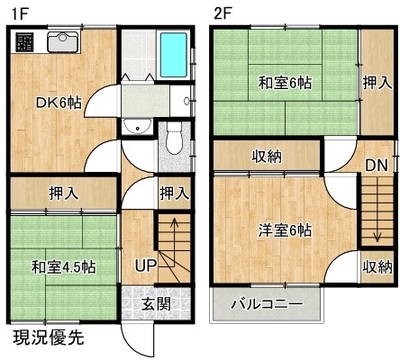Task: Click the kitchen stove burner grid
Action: click(24, 42)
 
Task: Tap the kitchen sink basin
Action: click(63, 41)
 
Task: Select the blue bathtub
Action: click(173, 54)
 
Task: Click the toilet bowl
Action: click(173, 138)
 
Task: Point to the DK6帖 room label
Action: click(59, 103)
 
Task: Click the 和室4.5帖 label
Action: click(63, 267)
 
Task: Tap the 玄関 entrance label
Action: click(156, 304)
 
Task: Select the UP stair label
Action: click(146, 266)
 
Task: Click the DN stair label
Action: click(377, 165)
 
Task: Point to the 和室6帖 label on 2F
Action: click(285, 83)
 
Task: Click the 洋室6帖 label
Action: click(285, 230)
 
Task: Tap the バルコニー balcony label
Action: click(267, 304)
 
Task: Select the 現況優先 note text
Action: click(48, 338)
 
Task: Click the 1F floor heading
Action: click(21, 14)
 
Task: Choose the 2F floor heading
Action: click(223, 14)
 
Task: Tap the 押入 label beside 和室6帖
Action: click(377, 83)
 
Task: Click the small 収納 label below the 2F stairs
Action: click(377, 267)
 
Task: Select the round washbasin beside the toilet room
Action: click(137, 126)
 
